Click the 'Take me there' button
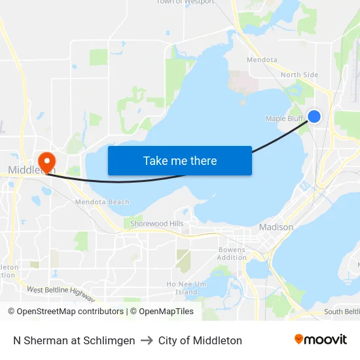179,160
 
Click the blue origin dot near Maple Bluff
314,116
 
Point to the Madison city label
276,227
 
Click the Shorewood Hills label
157,224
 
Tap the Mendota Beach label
102,202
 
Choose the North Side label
299,75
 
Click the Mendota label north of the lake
262,60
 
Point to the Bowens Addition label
232,254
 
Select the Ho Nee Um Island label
186,288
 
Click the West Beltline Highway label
61,294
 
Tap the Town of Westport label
185,2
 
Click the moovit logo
320,340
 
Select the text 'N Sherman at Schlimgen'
74,340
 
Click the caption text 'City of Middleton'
200,340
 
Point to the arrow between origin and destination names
147,340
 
